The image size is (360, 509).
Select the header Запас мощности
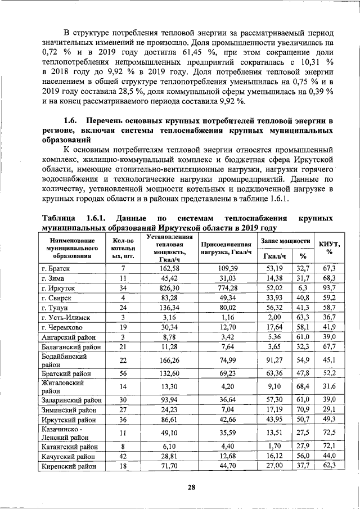point(286,240)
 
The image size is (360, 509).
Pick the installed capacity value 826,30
point(161,288)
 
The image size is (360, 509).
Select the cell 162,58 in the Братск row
point(161,268)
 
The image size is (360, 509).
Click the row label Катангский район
point(68,447)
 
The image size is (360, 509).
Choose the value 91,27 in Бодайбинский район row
point(275,359)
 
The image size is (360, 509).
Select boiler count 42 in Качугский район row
point(123,456)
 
